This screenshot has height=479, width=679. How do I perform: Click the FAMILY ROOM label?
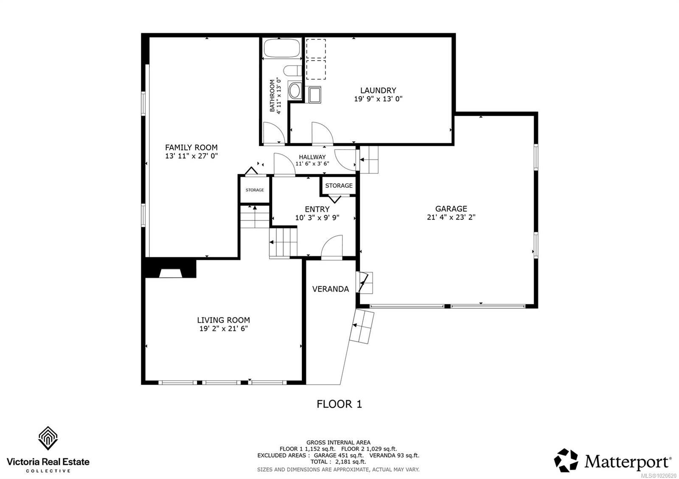pyautogui.click(x=191, y=148)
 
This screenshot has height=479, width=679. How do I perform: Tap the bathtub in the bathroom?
pyautogui.click(x=281, y=48)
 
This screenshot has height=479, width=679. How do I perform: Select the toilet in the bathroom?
pyautogui.click(x=293, y=70)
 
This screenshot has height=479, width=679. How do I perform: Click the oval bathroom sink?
pyautogui.click(x=294, y=90)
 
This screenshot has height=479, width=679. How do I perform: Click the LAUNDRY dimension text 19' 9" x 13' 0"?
pyautogui.click(x=378, y=99)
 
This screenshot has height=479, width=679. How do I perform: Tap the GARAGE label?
pyautogui.click(x=451, y=209)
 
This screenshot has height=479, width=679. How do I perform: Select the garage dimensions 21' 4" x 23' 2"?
pyautogui.click(x=451, y=217)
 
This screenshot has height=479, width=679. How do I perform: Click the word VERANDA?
pyautogui.click(x=330, y=289)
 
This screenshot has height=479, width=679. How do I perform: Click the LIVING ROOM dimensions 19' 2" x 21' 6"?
pyautogui.click(x=223, y=329)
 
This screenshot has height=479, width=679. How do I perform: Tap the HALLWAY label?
pyautogui.click(x=312, y=157)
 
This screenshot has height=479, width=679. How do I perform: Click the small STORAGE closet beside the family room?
pyautogui.click(x=255, y=190)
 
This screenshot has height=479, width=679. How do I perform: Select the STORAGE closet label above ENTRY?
pyautogui.click(x=339, y=186)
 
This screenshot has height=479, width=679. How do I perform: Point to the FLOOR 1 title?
pyautogui.click(x=339, y=404)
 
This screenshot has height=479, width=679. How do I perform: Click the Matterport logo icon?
pyautogui.click(x=566, y=460)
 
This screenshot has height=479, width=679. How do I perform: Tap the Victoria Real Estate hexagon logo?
pyautogui.click(x=48, y=438)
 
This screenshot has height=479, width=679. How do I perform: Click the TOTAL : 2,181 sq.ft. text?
pyautogui.click(x=338, y=462)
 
